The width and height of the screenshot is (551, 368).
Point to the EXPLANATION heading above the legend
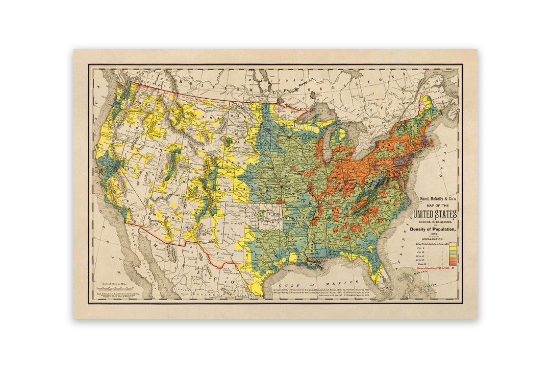click(432, 238)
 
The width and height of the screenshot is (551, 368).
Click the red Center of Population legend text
click(431, 268)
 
